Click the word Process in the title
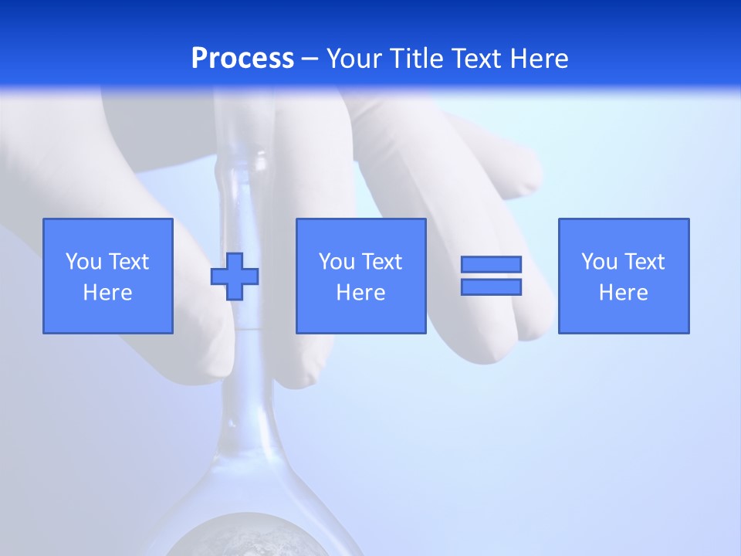point(242,59)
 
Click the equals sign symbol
point(491,276)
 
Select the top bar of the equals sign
point(491,265)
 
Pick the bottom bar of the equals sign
point(491,286)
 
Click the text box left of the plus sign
point(107,276)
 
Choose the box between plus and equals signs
point(360,276)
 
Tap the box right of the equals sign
point(623,276)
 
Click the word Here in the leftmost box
point(107,293)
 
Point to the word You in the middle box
point(336,262)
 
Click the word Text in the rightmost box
point(645,262)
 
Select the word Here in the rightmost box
point(623,293)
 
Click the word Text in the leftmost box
point(129,262)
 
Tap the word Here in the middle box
point(360,293)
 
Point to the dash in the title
point(310,59)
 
